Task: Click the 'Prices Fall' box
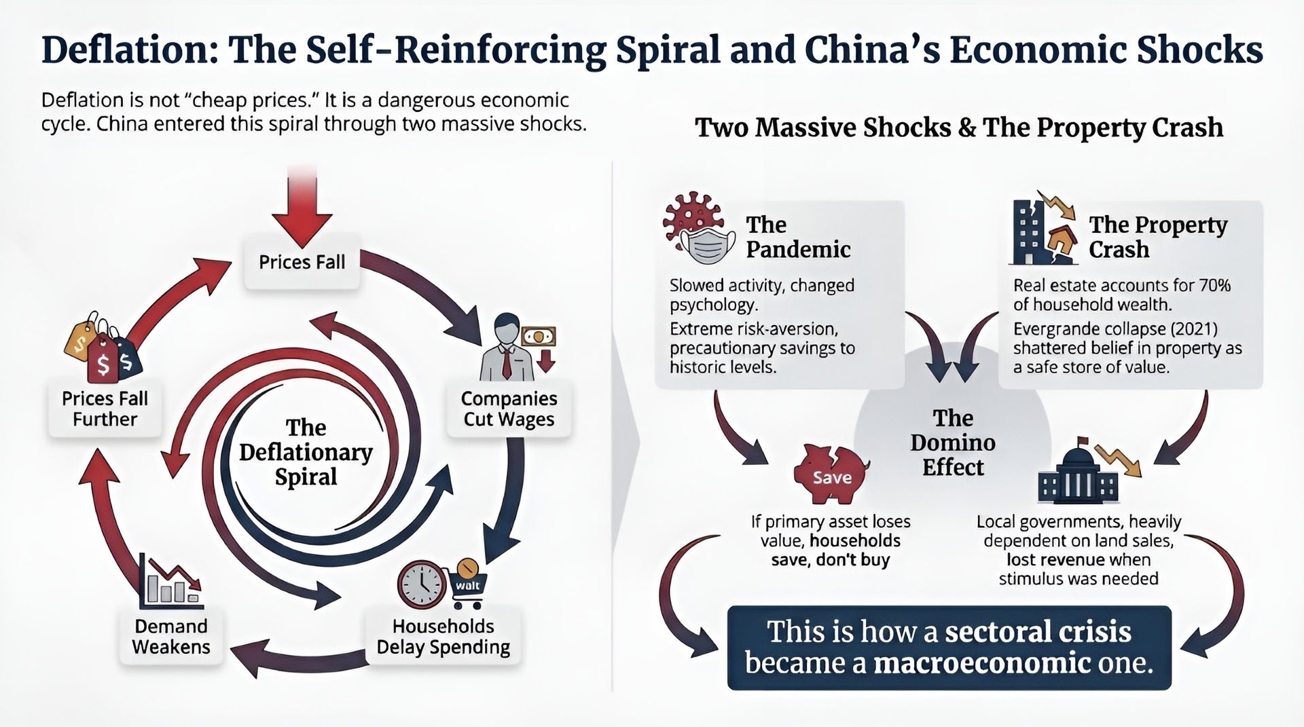[x=302, y=263]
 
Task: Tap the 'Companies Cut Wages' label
[x=509, y=409]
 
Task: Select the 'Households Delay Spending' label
[x=443, y=637]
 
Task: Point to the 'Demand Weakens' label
[x=171, y=637]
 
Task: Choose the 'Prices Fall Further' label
[x=105, y=409]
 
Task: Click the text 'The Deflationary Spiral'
[x=306, y=452]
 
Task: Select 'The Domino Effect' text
[x=953, y=443]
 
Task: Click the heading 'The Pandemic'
[x=797, y=237]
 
